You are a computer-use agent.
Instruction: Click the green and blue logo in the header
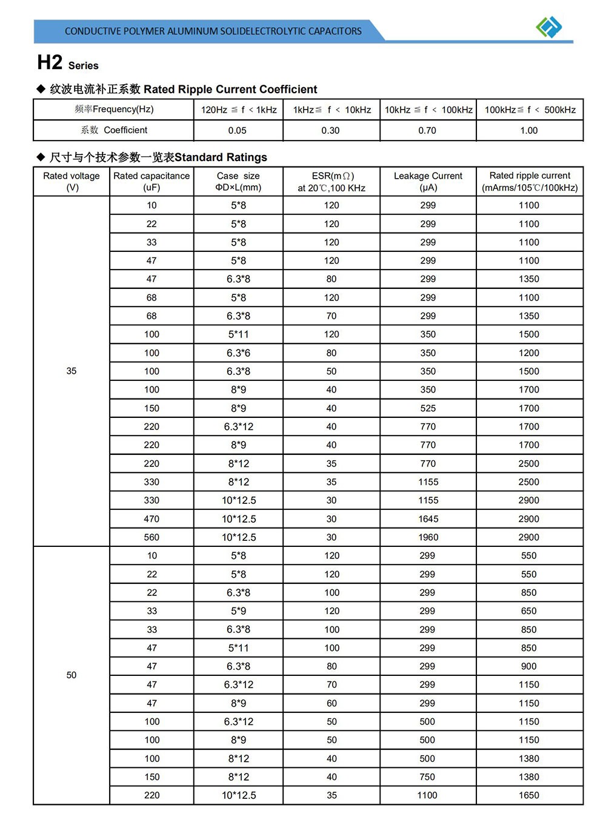tap(549, 27)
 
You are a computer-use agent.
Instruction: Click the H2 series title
tap(67, 63)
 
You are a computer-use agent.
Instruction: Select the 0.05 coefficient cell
tap(238, 130)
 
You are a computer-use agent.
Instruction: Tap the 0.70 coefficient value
tap(427, 130)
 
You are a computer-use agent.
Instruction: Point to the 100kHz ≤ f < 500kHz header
tap(530, 110)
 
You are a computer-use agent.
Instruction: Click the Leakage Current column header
tap(428, 181)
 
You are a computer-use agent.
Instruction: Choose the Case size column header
tap(238, 181)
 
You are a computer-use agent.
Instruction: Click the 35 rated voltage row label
tap(72, 371)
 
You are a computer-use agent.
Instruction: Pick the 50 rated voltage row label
tap(72, 675)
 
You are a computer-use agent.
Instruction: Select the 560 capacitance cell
tap(151, 537)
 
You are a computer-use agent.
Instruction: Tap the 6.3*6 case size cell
tap(238, 352)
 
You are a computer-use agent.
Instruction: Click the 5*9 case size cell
tap(238, 610)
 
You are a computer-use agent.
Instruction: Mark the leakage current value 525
tap(428, 408)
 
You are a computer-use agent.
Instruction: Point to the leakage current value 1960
tap(428, 537)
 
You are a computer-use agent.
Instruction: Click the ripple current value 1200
tap(529, 352)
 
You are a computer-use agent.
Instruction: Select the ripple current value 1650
tap(529, 795)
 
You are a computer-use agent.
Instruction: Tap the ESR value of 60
tap(331, 703)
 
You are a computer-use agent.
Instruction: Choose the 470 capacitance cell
tap(151, 518)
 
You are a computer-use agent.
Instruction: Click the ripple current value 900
tap(529, 666)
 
